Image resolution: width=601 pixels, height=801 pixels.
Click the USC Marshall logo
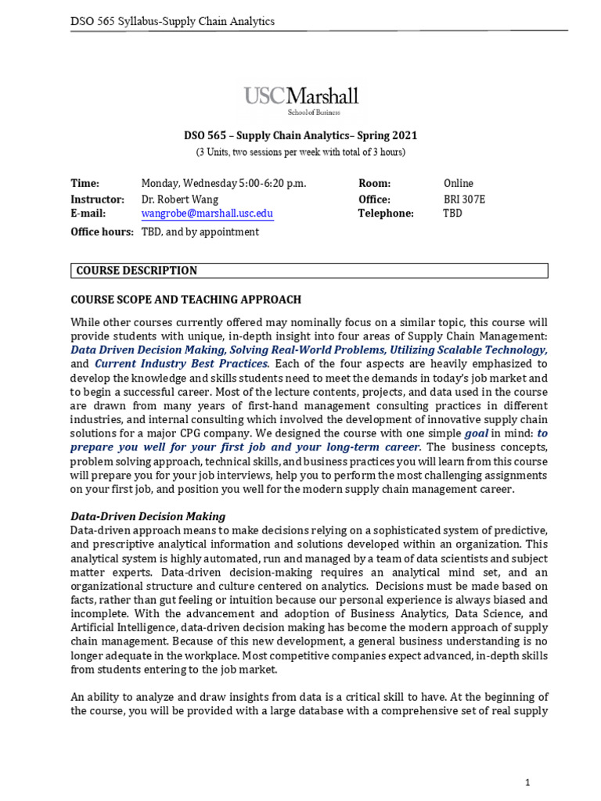[x=301, y=100]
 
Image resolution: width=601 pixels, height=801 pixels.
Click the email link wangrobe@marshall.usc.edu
[x=207, y=214]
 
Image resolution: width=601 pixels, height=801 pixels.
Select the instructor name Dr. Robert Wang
[x=180, y=199]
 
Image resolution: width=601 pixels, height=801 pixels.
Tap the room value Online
[x=458, y=184]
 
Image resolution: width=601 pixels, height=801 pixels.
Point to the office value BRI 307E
[x=464, y=199]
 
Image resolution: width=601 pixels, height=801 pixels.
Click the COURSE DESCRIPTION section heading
[x=136, y=271]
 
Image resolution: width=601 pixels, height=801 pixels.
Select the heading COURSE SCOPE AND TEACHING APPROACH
[x=185, y=300]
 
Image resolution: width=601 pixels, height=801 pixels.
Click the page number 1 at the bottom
[x=527, y=760]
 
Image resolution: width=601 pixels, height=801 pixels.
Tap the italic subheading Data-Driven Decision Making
[x=148, y=516]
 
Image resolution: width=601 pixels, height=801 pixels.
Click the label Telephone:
[x=386, y=214]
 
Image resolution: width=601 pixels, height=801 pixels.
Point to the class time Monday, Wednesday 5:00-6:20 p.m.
[x=224, y=184]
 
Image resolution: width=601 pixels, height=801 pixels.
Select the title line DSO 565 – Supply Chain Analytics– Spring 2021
[x=300, y=136]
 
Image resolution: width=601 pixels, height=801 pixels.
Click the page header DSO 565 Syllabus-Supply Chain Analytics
[x=173, y=21]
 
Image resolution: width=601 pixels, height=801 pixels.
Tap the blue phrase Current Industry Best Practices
[x=182, y=364]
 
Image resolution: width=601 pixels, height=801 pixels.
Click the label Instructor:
[x=98, y=199]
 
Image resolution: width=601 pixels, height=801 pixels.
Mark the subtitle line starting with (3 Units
[x=300, y=152]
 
